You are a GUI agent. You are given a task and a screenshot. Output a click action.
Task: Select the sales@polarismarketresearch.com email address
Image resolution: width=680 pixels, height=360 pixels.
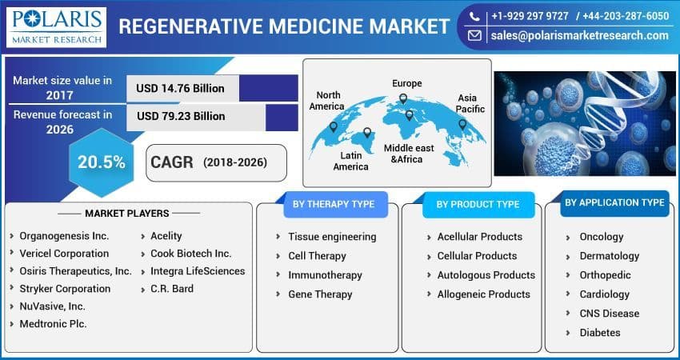point(579,35)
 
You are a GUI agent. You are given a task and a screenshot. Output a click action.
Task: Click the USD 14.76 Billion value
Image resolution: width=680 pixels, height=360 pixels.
point(180,88)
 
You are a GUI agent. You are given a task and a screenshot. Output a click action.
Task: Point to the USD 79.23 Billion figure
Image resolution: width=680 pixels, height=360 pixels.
point(180,116)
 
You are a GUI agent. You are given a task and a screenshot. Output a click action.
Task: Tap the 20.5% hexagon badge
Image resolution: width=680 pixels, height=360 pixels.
point(101,162)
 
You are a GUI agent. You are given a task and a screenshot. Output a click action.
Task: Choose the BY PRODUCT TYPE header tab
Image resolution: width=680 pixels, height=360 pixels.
point(477,205)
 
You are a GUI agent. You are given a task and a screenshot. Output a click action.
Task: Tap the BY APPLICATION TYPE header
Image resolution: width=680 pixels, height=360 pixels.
point(614,203)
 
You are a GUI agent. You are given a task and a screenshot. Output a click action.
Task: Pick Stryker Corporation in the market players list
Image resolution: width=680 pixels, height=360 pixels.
point(65,289)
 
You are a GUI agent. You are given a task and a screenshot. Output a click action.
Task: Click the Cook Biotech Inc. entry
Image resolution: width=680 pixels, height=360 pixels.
point(190,254)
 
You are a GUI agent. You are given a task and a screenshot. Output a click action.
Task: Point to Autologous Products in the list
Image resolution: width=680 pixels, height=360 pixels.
point(486,275)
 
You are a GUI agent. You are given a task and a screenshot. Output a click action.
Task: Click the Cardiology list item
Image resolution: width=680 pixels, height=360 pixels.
point(604,294)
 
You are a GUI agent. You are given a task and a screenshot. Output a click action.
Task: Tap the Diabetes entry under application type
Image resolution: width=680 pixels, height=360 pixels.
point(599,333)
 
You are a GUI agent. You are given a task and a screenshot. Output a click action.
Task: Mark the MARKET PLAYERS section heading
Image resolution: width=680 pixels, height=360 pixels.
point(126,214)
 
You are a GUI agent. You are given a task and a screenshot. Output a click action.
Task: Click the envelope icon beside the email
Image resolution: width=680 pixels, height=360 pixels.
point(474,36)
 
